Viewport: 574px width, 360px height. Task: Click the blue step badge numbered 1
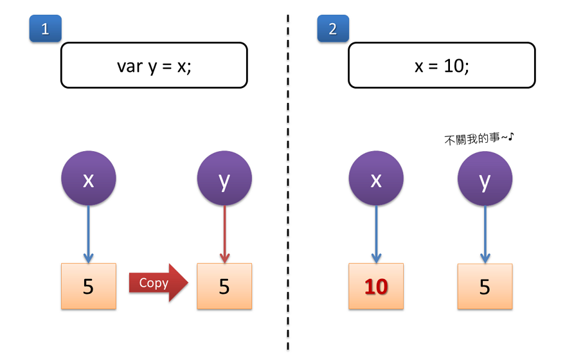coord(44,29)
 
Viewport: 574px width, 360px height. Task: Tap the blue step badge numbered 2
coord(332,29)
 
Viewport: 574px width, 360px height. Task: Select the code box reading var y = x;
coord(154,65)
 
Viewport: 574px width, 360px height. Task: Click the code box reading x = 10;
coord(442,65)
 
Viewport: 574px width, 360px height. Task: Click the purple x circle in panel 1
coord(89,180)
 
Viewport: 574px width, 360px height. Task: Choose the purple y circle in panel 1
coord(224,180)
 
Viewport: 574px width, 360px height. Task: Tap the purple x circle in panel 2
coord(377,180)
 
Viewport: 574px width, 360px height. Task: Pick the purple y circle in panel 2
coord(485,180)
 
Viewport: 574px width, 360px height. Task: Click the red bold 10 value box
coord(377,286)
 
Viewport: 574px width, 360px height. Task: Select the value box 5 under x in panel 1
coord(89,286)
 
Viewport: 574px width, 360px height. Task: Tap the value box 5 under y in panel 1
coord(224,286)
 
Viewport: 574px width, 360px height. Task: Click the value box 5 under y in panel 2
coord(485,286)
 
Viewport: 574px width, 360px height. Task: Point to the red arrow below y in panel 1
coord(224,235)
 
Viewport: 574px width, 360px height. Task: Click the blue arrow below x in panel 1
coord(89,235)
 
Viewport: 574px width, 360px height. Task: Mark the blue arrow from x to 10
coord(377,235)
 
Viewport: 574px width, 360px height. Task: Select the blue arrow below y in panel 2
coord(485,235)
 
